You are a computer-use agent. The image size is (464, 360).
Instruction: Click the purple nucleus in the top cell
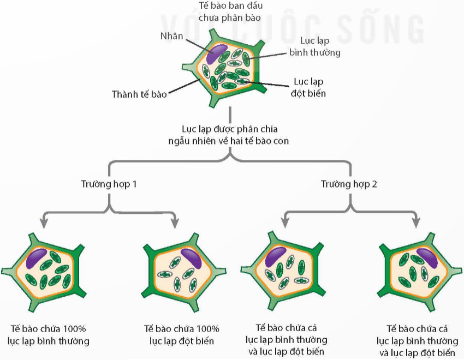[217, 53]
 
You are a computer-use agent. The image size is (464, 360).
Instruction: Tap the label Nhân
[171, 36]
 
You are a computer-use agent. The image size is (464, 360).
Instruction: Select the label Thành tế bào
[139, 94]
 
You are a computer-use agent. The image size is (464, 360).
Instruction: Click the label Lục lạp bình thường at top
[314, 46]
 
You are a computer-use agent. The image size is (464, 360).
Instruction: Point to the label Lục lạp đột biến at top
[308, 87]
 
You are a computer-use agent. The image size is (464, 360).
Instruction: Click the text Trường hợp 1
[109, 184]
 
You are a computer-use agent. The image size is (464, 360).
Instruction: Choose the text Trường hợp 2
[349, 184]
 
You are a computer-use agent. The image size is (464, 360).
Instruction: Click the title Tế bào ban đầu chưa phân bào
[230, 12]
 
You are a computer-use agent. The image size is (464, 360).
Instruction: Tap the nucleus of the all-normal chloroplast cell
[37, 259]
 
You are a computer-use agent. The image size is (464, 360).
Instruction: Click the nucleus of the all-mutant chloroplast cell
[191, 259]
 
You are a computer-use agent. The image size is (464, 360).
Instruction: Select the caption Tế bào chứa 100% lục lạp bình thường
[48, 335]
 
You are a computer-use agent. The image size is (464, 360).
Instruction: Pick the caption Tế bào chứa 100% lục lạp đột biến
[181, 335]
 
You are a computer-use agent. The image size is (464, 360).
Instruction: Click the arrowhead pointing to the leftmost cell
[44, 224]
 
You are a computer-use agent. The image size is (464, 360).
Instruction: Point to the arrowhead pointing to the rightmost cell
[417, 224]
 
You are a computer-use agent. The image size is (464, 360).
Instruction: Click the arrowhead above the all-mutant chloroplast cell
[175, 224]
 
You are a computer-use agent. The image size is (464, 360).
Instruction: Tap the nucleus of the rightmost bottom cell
[427, 258]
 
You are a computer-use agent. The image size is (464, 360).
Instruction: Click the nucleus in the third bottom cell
[276, 257]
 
